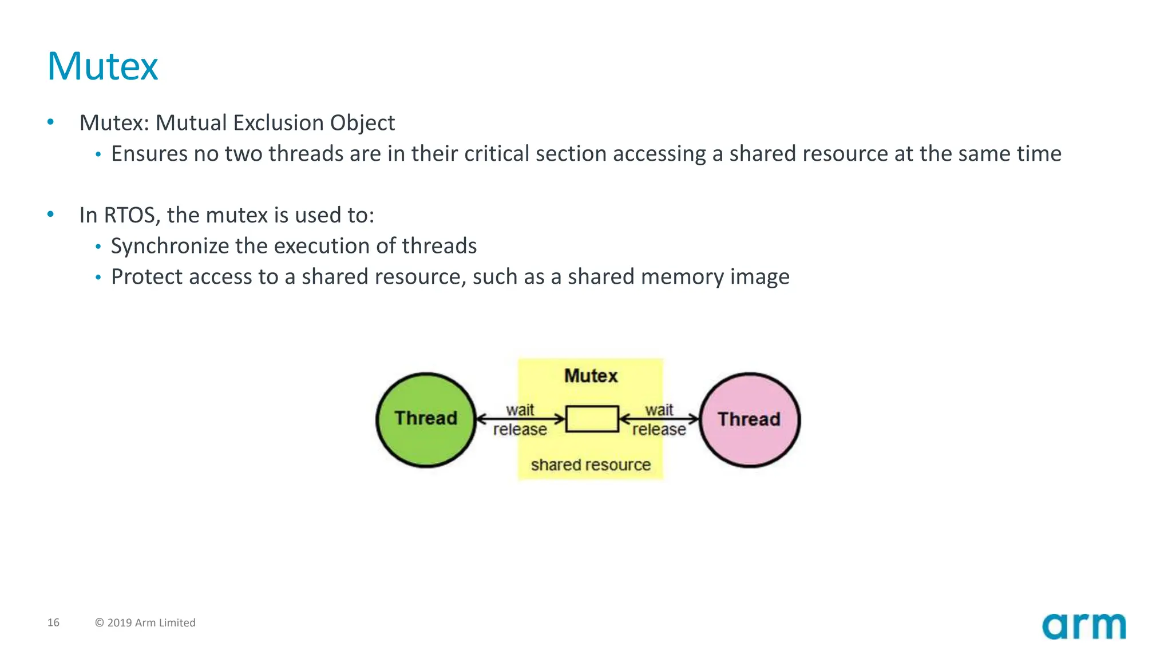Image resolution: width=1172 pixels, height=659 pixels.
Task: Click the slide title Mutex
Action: [x=102, y=66]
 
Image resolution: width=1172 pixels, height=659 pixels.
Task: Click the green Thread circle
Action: [x=426, y=419]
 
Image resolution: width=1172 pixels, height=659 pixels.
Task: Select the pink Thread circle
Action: [x=749, y=419]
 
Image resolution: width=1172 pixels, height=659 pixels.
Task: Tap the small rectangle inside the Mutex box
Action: [x=592, y=419]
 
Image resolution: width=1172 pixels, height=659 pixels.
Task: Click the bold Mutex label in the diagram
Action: [x=591, y=376]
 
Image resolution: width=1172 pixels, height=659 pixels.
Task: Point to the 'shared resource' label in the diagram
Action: [x=591, y=465]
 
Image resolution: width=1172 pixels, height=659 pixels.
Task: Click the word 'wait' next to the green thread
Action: [x=520, y=410]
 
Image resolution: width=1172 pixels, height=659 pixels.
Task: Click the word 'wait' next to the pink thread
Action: [x=659, y=410]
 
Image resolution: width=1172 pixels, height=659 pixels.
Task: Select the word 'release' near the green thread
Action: [x=520, y=429]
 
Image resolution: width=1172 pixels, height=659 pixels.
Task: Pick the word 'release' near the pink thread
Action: [x=659, y=429]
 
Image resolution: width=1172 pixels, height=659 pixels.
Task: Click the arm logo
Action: [x=1083, y=626]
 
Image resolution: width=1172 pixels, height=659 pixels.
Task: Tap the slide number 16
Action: [x=53, y=622]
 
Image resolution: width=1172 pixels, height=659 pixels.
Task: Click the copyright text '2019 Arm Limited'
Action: [x=151, y=622]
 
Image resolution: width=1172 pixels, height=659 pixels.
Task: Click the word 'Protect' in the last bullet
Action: [x=146, y=277]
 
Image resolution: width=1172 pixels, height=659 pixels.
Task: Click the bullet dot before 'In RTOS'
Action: [x=50, y=215]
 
